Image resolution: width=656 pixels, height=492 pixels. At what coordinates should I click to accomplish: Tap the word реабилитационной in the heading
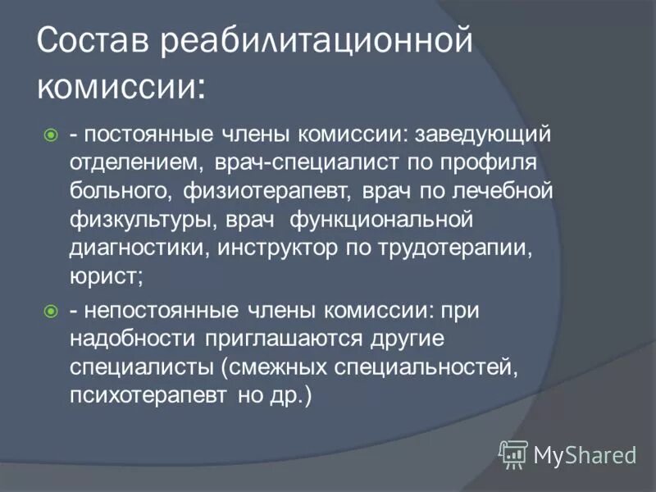(317, 42)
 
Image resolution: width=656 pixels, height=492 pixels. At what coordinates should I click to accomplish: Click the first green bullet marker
(51, 134)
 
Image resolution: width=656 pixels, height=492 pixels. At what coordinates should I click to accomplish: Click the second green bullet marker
(51, 311)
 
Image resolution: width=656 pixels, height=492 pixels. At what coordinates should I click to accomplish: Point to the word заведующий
(484, 134)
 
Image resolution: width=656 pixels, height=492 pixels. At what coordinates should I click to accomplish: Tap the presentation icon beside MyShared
(513, 453)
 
